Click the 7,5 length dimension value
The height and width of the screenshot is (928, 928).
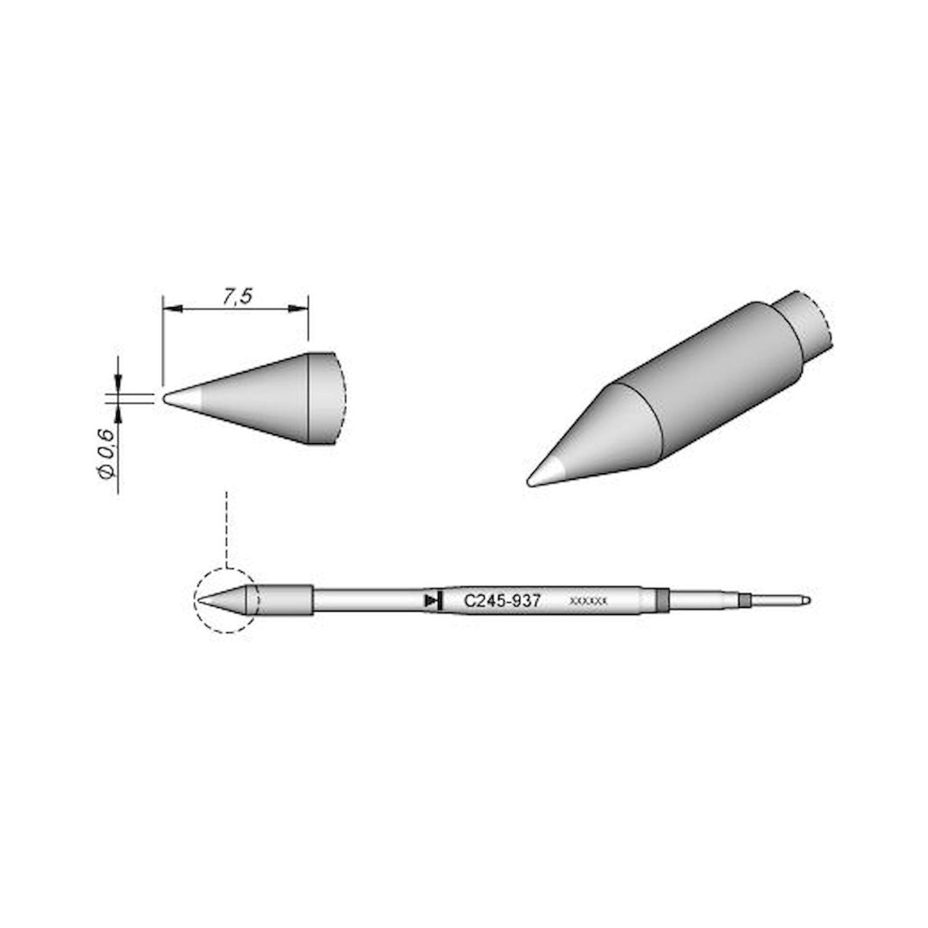pos(237,297)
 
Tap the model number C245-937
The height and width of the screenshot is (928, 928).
pos(502,601)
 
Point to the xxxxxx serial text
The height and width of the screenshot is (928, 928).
pos(588,601)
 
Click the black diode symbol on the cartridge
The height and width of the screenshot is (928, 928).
pos(433,600)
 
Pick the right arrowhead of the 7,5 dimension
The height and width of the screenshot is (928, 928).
pos(298,309)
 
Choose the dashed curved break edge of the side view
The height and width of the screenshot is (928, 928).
pos(344,399)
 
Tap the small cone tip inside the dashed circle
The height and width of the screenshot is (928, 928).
pos(211,600)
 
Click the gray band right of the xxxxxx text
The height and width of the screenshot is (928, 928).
pos(663,600)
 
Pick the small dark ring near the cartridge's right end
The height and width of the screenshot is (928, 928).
pos(745,600)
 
